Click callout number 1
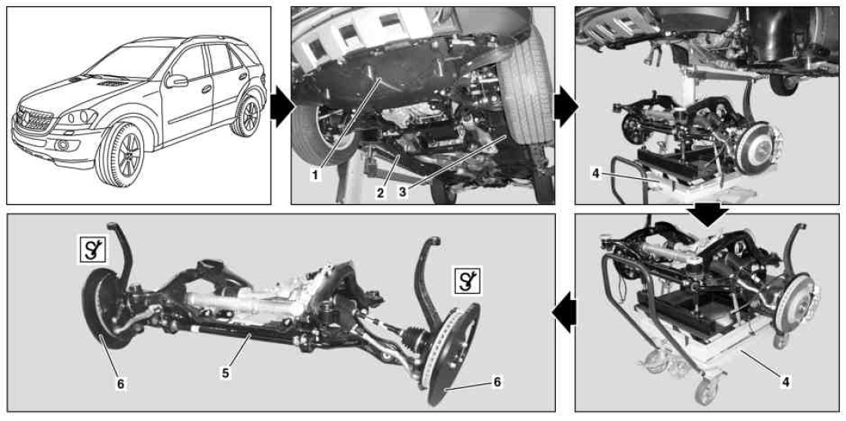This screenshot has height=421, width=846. tap(316, 174)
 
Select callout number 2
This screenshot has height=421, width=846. tap(381, 192)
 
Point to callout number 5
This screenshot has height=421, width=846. tap(226, 373)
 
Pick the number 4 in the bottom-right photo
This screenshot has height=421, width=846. tap(785, 382)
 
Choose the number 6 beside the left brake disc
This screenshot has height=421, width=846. tap(120, 383)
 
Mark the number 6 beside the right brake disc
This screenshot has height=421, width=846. tap(497, 382)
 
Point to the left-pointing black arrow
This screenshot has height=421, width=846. tap(563, 313)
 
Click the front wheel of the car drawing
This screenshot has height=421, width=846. tap(120, 156)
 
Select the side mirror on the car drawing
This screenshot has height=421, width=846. tap(176, 82)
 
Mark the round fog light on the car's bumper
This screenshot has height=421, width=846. tap(63, 145)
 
